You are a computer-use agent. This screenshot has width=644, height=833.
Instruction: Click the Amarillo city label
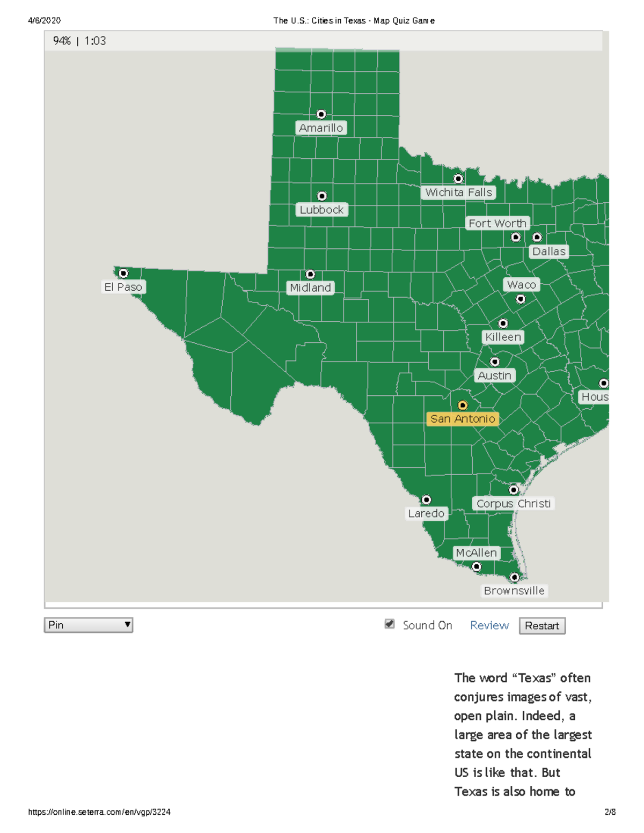[x=321, y=128]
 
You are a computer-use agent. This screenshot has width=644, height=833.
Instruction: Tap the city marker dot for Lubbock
[x=322, y=196]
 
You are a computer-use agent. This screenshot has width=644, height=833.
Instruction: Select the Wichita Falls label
[x=458, y=193]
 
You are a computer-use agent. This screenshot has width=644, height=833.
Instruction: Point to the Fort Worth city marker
[x=516, y=237]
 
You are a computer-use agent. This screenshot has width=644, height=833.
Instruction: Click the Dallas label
[x=548, y=252]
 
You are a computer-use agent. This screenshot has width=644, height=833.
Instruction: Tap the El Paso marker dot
[x=123, y=274]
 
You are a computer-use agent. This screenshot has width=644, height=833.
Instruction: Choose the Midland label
[x=310, y=288]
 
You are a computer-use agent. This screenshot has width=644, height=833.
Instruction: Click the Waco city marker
[x=521, y=299]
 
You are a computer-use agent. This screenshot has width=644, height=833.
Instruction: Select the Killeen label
[x=503, y=337]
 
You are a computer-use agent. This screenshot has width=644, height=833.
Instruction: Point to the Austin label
[x=494, y=375]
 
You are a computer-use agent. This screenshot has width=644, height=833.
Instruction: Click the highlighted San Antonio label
[x=463, y=419]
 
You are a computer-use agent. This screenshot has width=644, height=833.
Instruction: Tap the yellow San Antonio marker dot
[x=463, y=406]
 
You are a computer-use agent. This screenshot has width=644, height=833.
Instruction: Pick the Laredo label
[x=426, y=513]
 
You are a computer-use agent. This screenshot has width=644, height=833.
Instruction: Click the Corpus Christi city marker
[x=514, y=490]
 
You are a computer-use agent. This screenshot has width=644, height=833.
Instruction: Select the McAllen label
[x=476, y=553]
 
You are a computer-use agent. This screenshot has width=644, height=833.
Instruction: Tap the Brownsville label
[x=514, y=591]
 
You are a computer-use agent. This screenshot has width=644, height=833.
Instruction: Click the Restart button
[x=542, y=626]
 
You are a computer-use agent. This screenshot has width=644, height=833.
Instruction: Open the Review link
[x=489, y=625]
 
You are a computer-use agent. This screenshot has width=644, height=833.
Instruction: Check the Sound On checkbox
[x=390, y=624]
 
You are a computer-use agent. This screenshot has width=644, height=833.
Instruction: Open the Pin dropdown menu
[x=89, y=625]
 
